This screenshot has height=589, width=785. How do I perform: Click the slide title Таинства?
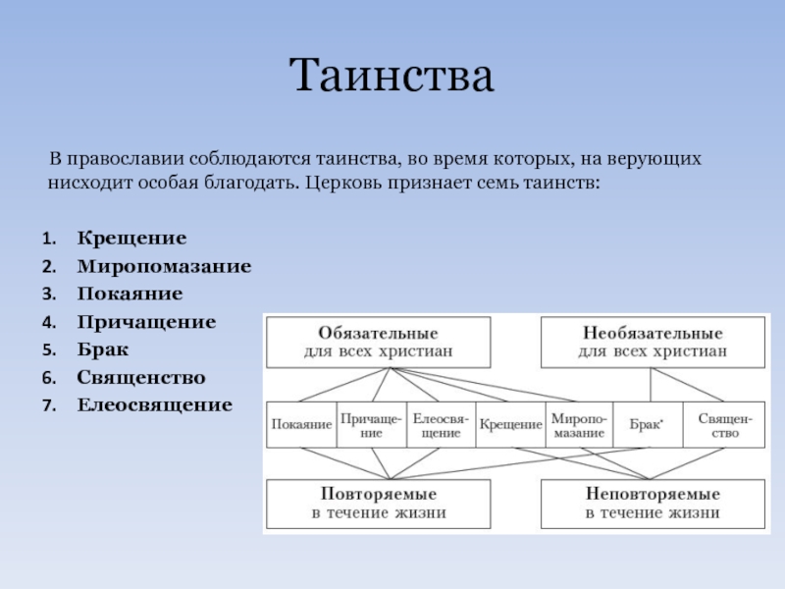(392, 76)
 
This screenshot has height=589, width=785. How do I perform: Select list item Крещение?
(132, 239)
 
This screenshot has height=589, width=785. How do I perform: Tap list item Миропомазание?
(165, 266)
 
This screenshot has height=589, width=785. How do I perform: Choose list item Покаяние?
(131, 294)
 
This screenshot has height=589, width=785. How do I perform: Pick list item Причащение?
(147, 321)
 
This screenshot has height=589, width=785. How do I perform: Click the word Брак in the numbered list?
(103, 348)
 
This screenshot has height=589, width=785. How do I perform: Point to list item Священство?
(141, 377)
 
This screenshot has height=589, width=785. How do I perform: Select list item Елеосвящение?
(155, 404)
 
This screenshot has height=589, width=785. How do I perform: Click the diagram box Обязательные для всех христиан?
(379, 342)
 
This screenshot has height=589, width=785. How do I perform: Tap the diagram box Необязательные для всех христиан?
(653, 342)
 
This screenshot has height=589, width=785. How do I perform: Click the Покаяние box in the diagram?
(301, 424)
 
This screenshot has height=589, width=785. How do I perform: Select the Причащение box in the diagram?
(371, 424)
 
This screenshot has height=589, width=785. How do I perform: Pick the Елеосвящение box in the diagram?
(440, 424)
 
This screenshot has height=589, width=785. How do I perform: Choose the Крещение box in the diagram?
(510, 424)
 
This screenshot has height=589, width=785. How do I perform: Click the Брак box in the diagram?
(646, 424)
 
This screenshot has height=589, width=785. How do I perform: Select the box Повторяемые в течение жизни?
(379, 503)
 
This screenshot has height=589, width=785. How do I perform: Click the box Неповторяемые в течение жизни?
(653, 503)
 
